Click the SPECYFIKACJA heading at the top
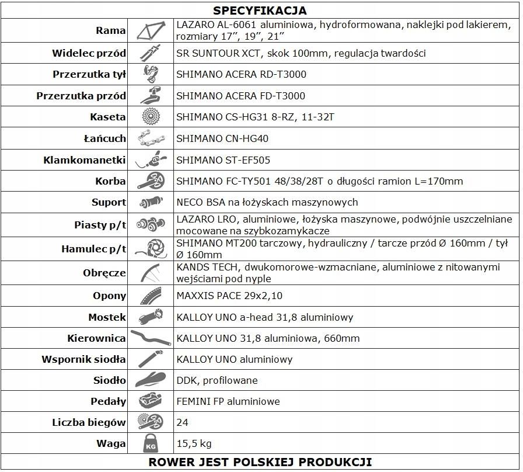pos(260,11)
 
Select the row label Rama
pos(111,31)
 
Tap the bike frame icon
pos(150,30)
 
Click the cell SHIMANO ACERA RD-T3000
pos(241,74)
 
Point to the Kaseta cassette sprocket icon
pos(151,117)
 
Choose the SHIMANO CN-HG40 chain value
pos(223,138)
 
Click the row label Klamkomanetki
pos(85,160)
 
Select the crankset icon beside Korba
pos(151,181)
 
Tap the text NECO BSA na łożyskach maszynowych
pos(267,202)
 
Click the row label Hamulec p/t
pos(93,249)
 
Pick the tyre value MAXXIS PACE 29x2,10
pos(229,296)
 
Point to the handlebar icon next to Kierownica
pos(150,338)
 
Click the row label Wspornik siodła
pos(83,359)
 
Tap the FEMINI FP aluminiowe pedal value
pos(228,401)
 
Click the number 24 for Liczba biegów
pos(182,422)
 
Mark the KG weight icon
pos(150,444)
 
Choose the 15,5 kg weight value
pos(193,443)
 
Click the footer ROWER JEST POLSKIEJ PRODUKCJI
pos(260,461)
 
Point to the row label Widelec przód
pos(89,53)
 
